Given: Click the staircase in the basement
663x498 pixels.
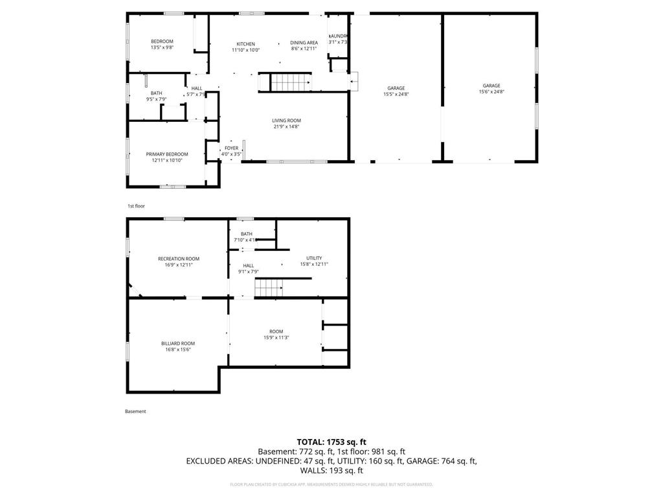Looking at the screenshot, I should [x=268, y=287].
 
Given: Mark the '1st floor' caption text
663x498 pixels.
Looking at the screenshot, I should [x=136, y=206].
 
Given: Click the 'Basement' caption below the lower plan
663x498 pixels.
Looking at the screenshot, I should [x=135, y=411].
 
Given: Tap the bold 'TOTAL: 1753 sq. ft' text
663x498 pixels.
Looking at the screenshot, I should [x=331, y=442].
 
